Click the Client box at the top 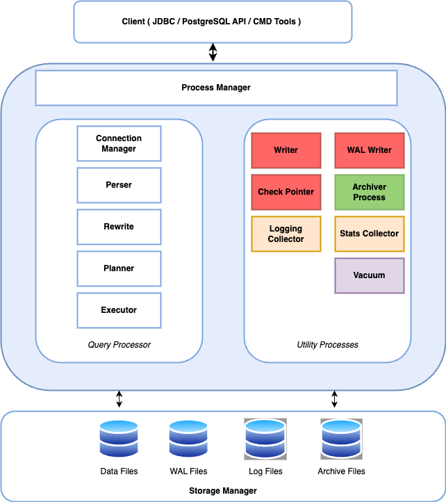click(212, 22)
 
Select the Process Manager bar click(215, 88)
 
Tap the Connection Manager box click(119, 144)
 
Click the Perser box click(119, 185)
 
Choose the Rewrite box click(119, 227)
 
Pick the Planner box click(119, 268)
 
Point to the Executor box click(119, 310)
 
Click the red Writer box click(286, 150)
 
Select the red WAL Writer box click(369, 150)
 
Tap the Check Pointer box click(286, 192)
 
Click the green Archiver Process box click(369, 192)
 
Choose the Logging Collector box click(286, 234)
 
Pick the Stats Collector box click(369, 234)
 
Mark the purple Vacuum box click(369, 275)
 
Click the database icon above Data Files click(119, 439)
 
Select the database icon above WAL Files click(188, 439)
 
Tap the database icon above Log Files click(265, 439)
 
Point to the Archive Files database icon click(341, 439)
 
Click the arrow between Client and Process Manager click(213, 52)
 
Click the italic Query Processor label click(119, 345)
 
